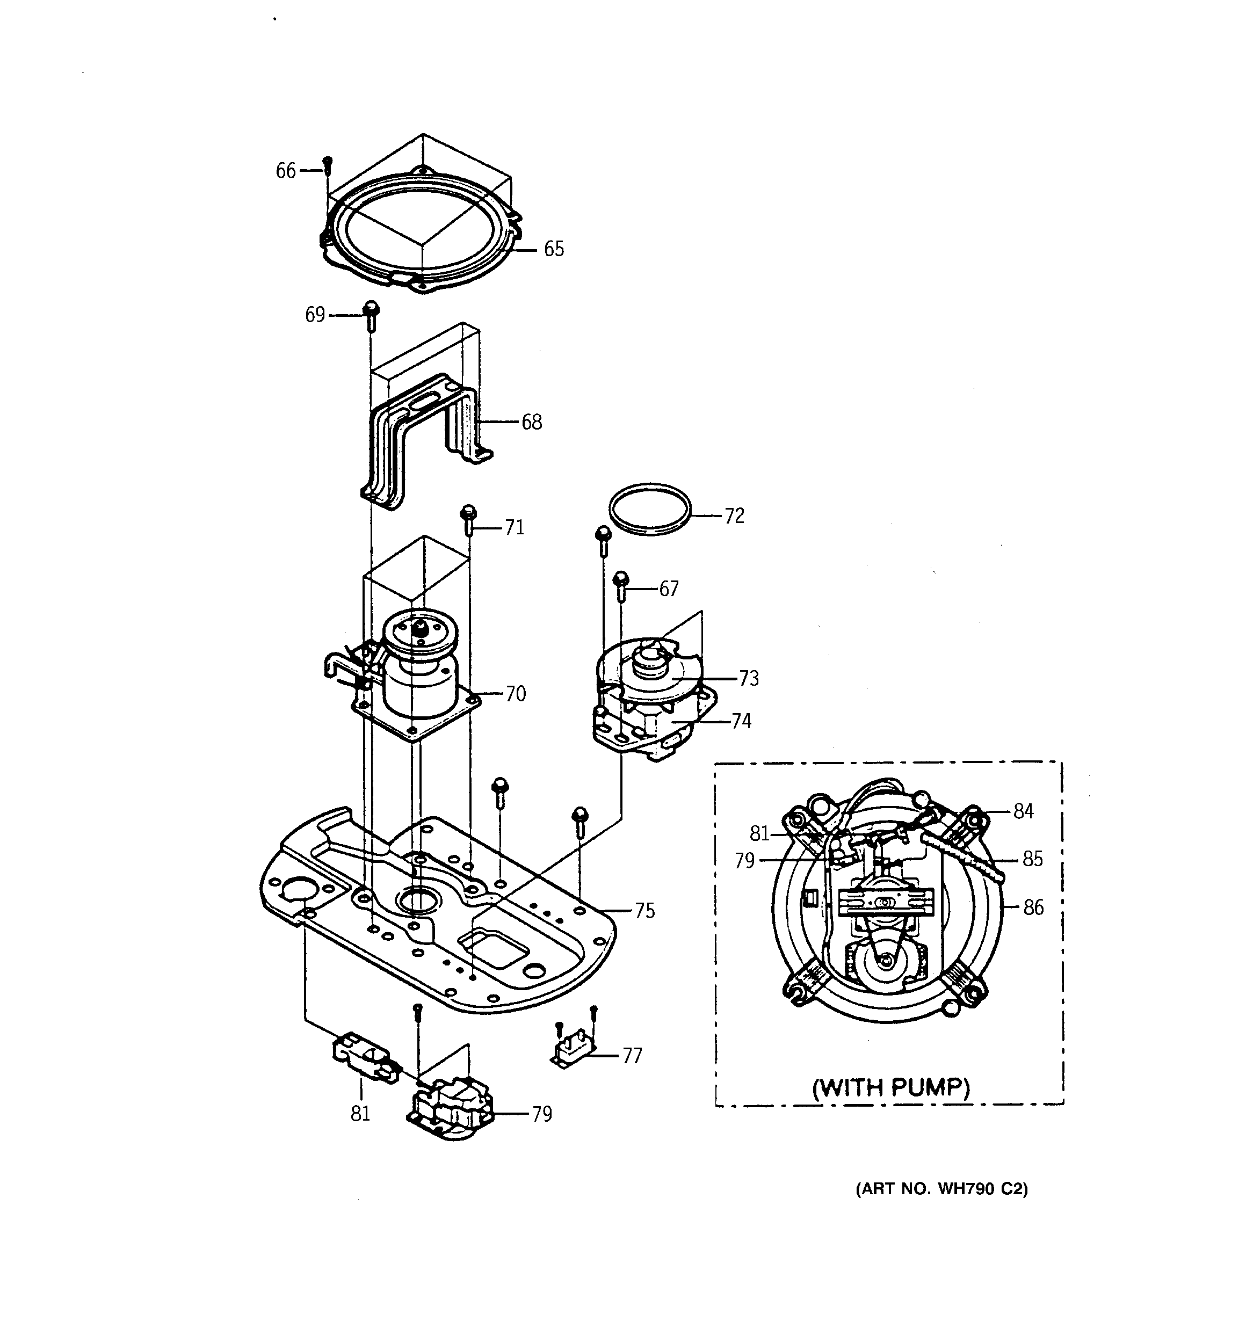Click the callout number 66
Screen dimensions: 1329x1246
286,171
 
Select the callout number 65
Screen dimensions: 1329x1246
554,249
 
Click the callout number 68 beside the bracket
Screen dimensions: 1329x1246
532,423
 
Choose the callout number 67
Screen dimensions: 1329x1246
669,589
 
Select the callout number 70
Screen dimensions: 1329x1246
516,694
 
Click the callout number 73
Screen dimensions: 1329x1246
749,679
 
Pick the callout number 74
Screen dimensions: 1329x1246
741,721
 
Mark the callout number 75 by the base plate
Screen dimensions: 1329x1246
644,911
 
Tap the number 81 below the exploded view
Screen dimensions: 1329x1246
360,1114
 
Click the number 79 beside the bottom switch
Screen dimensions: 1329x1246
542,1114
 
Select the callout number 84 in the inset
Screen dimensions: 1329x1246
1023,811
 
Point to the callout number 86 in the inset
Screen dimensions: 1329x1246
1033,908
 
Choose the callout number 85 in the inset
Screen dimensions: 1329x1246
1033,859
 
